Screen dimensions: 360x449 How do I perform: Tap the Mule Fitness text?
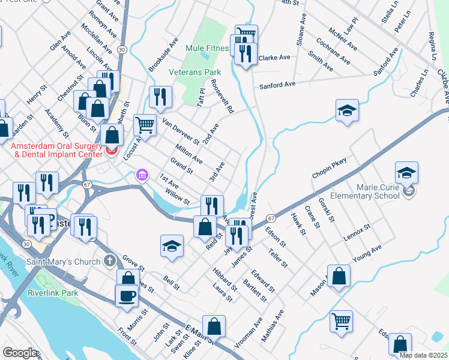tap(208, 48)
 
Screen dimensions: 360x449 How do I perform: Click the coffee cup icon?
tap(126, 296)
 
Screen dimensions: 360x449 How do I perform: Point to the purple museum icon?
tap(142, 175)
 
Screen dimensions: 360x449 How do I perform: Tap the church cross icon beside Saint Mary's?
tap(109, 260)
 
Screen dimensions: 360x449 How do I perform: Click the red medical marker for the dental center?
tap(111, 150)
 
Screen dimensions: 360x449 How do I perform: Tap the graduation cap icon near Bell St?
tap(172, 246)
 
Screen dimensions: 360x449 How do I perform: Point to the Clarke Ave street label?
tap(274, 58)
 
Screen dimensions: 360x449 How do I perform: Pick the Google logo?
tap(20, 353)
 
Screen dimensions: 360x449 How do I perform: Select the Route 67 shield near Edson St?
tap(271, 218)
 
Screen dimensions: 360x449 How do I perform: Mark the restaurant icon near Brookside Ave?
tap(160, 97)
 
